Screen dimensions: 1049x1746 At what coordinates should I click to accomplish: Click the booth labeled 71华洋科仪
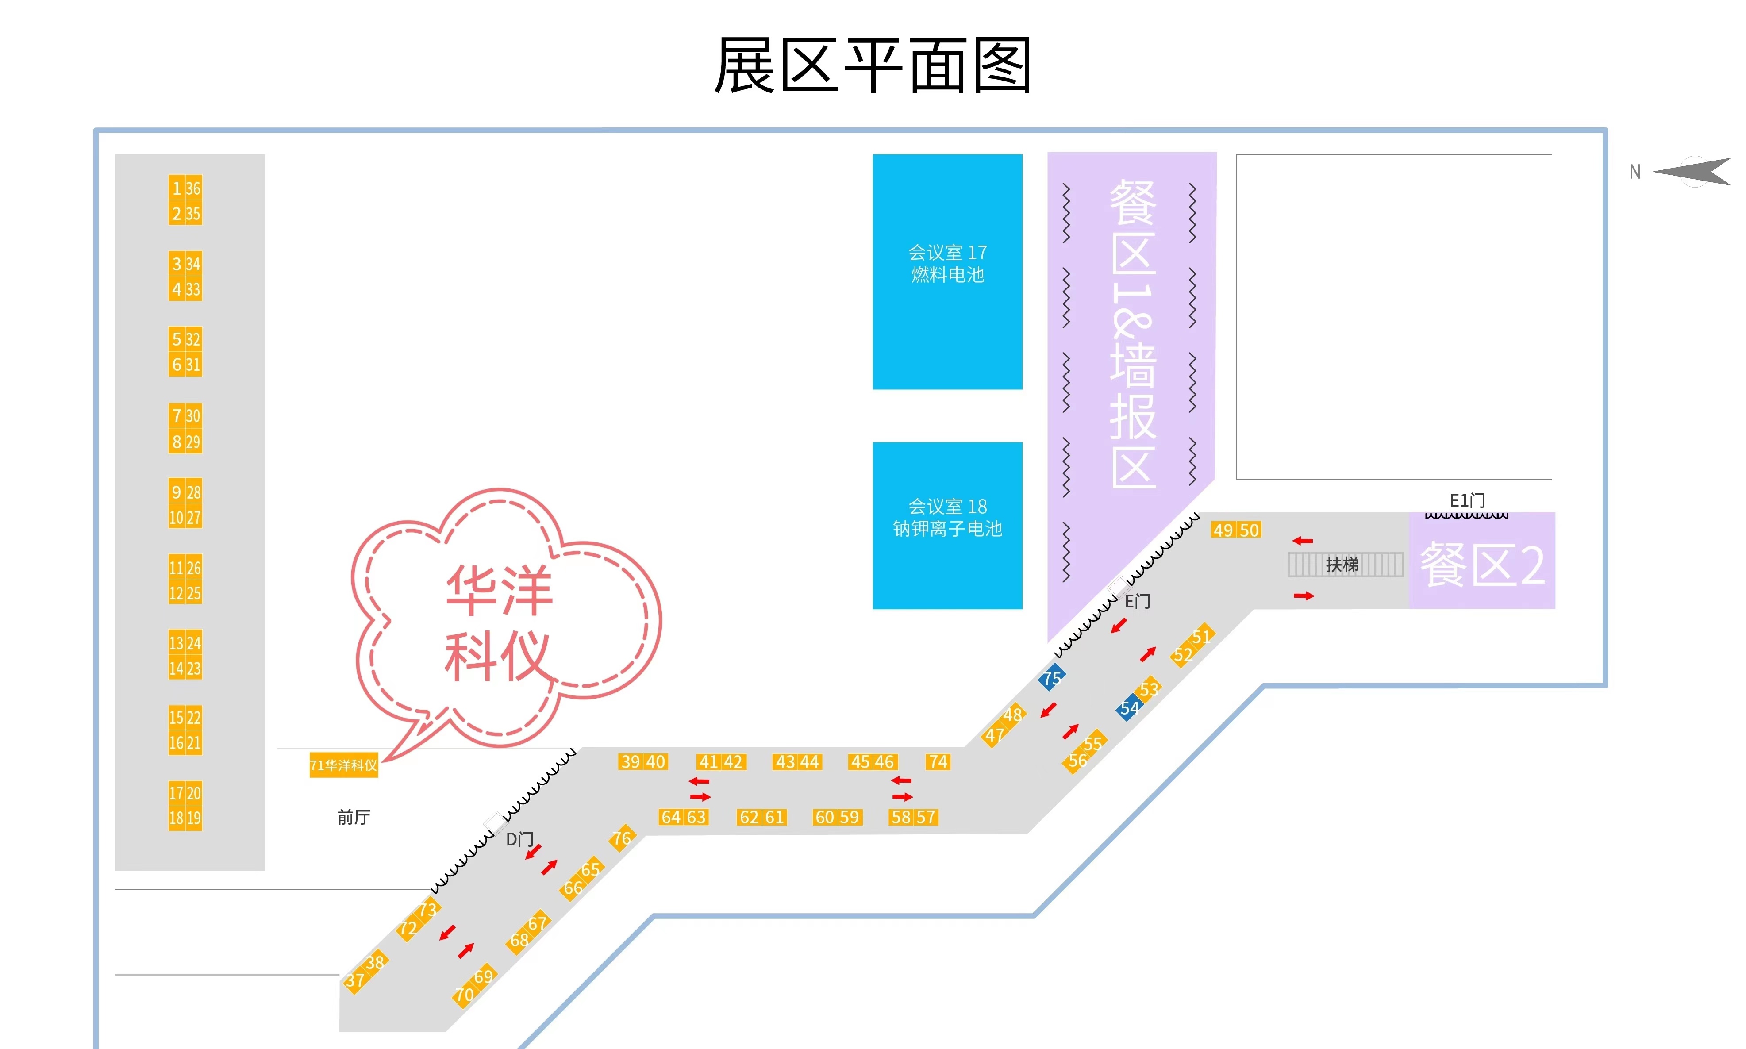pos(343,765)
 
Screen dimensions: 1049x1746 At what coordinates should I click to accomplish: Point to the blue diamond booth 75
pos(1051,677)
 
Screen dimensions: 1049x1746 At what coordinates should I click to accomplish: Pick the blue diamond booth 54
pos(1128,707)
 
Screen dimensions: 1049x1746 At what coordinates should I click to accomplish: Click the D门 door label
pos(519,839)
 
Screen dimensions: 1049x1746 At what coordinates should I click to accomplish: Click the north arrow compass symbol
pos(1693,171)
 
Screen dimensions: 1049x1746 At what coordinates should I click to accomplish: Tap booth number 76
pos(622,838)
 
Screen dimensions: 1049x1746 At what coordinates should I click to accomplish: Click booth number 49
pos(1223,530)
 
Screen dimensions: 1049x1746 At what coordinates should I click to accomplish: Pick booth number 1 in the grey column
pos(177,188)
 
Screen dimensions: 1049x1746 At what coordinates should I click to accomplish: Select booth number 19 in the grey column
pos(193,818)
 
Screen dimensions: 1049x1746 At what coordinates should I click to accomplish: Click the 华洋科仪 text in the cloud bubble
pos(498,622)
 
